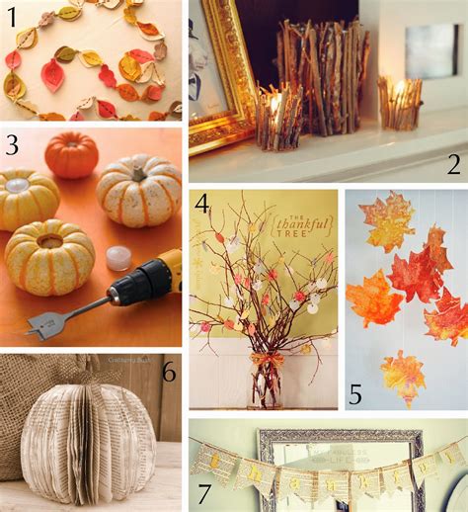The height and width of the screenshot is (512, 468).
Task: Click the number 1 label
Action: click(12, 16)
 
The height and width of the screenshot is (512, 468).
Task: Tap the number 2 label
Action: click(453, 163)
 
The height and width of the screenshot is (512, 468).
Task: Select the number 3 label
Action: click(13, 146)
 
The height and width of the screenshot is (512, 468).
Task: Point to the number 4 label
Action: click(202, 206)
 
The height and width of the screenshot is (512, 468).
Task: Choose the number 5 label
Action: click(355, 395)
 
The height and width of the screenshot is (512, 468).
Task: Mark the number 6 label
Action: click(168, 375)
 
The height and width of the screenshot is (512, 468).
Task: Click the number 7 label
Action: click(204, 491)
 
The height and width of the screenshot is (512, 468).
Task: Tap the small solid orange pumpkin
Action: click(71, 155)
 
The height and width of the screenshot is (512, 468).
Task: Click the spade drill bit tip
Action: click(39, 322)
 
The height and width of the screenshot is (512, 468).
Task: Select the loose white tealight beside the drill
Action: click(118, 257)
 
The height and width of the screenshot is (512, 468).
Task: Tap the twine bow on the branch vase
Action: click(268, 361)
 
